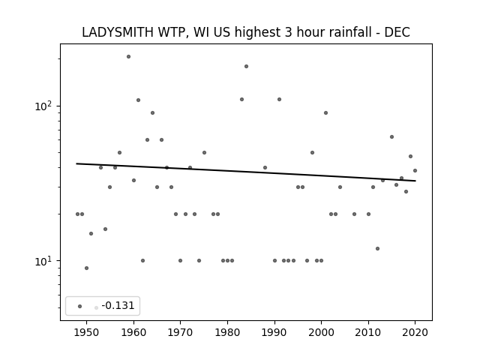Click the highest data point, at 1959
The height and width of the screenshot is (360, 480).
128,57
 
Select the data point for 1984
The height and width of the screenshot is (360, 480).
247,67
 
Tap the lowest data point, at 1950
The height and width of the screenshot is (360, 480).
87,268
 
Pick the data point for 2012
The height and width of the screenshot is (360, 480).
377,248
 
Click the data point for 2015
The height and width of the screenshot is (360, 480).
391,136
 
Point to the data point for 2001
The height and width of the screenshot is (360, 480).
325,113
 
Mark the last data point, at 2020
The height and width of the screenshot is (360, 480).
415,170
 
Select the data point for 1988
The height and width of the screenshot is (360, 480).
265,167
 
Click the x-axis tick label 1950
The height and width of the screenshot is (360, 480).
87,332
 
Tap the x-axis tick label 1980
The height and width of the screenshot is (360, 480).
227,332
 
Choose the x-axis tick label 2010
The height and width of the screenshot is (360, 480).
368,332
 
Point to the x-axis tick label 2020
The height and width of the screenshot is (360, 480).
415,332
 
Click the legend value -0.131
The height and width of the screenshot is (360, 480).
118,305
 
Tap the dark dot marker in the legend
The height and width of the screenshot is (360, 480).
80,306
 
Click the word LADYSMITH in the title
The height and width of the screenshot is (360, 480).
118,32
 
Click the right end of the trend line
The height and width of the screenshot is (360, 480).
415,181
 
